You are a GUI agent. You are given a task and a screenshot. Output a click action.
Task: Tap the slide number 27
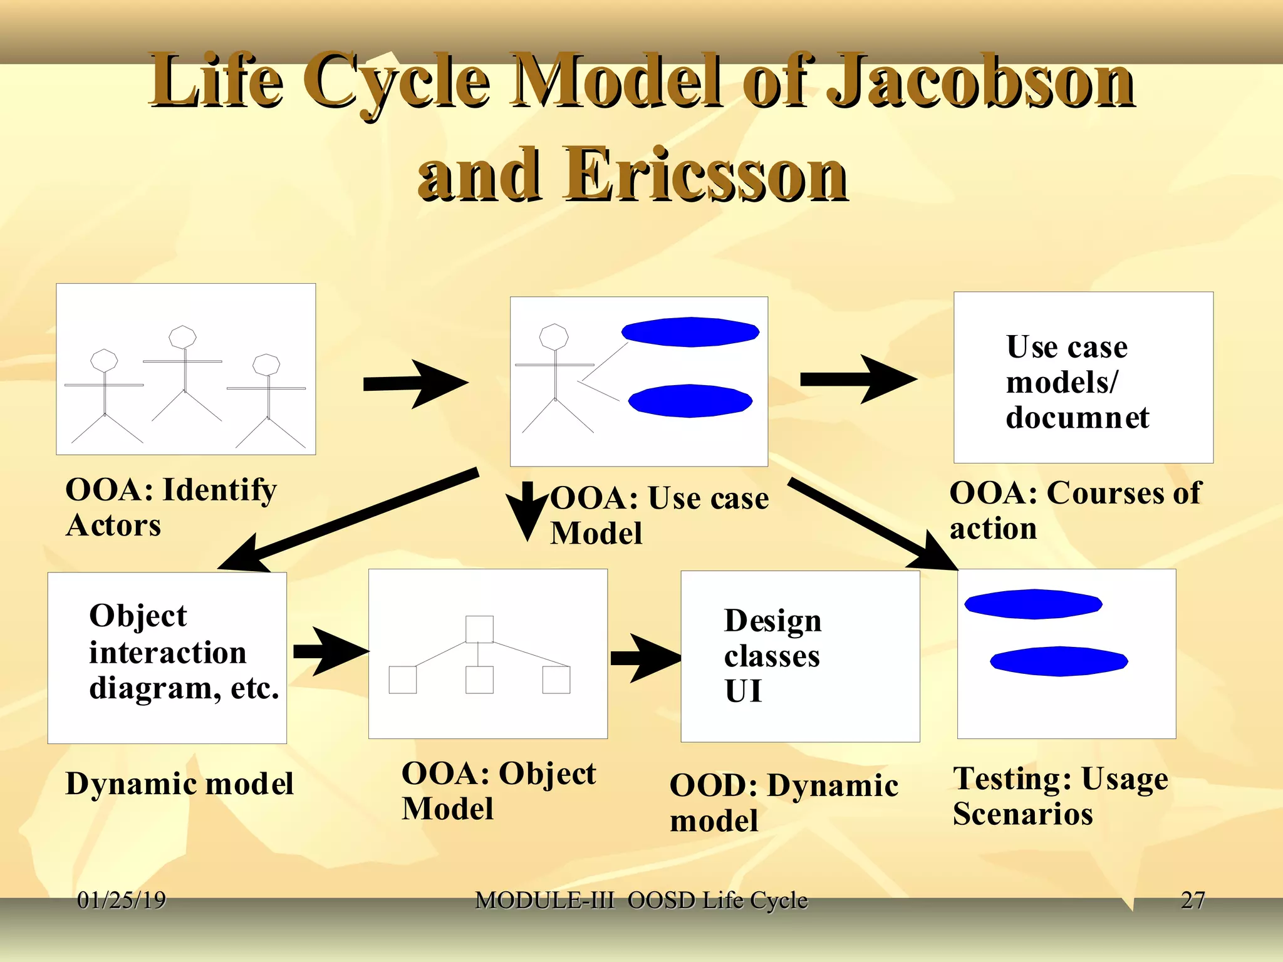[1192, 900]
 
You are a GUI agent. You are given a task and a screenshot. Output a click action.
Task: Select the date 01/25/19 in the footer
[122, 900]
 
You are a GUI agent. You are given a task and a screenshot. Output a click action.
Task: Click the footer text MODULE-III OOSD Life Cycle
[641, 900]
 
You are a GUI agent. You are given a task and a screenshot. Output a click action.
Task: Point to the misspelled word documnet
[1077, 418]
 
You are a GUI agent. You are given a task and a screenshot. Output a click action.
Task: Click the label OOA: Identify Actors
[170, 507]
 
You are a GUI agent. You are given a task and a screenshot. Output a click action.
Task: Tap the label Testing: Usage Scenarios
[1059, 796]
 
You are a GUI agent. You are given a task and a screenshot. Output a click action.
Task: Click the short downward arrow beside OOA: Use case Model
[527, 510]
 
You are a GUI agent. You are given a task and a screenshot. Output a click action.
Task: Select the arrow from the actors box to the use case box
[416, 383]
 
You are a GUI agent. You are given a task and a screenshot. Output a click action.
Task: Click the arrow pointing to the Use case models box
[859, 379]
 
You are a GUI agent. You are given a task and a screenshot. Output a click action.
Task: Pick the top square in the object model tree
[479, 629]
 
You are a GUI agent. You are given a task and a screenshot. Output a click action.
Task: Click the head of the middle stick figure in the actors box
[182, 337]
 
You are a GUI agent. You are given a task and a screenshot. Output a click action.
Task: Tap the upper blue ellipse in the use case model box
[690, 332]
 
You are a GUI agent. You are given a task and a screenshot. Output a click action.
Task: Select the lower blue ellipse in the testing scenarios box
[1059, 661]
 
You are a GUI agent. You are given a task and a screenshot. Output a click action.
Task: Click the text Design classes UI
[772, 656]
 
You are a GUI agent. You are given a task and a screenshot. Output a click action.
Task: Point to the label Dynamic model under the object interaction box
[179, 784]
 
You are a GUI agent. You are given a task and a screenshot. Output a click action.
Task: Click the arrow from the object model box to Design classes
[645, 658]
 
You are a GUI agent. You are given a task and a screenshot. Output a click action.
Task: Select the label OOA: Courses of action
[1074, 510]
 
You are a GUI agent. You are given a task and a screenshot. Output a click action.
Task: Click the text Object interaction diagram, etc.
[182, 652]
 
